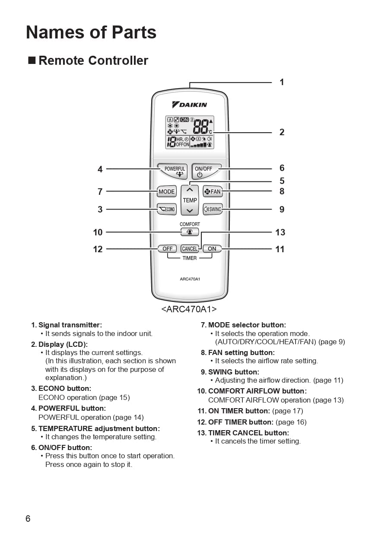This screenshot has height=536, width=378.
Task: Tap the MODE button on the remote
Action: (x=166, y=191)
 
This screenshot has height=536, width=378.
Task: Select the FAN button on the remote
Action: (x=213, y=191)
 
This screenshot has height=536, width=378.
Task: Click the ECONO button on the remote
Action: (x=166, y=209)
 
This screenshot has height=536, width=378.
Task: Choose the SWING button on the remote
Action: (x=213, y=209)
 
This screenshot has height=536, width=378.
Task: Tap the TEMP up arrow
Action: (x=190, y=190)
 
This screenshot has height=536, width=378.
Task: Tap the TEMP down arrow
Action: (x=190, y=211)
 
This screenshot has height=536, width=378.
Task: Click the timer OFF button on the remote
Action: (x=167, y=249)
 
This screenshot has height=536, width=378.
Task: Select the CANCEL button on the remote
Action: (x=190, y=249)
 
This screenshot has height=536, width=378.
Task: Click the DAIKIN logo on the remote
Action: (x=190, y=105)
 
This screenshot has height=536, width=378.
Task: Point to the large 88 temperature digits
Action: (x=201, y=127)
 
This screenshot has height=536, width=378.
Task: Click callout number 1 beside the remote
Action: (x=282, y=82)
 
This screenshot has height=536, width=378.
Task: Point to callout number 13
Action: (x=280, y=232)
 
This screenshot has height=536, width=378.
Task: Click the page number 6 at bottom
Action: (x=28, y=519)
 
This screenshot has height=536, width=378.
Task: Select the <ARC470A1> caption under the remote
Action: (x=189, y=309)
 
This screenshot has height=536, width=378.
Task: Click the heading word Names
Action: (x=54, y=32)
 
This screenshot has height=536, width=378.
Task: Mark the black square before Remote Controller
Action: (x=32, y=60)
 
